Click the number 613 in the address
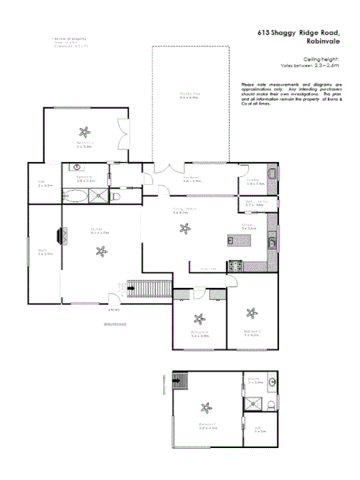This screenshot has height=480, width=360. tap(265, 33)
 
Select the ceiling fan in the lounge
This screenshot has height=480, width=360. tap(100, 250)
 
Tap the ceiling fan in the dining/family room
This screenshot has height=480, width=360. tap(184, 228)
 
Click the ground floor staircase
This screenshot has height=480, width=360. tap(152, 289)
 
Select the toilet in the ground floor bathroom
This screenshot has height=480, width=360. tap(120, 193)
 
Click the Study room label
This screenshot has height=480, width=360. tap(42, 250)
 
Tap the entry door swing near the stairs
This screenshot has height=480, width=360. tap(114, 300)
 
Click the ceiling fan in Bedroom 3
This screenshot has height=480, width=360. tap(250, 312)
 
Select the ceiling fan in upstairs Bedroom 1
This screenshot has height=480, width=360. tap(207, 407)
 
